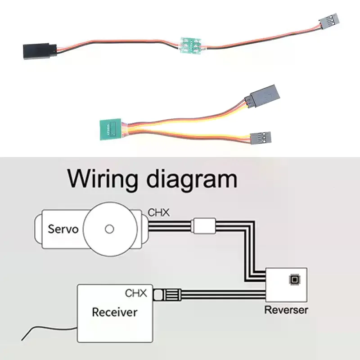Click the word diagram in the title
pyautogui.click(x=192, y=181)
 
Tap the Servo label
pyautogui.click(x=63, y=229)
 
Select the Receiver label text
pyautogui.click(x=115, y=312)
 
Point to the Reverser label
pyautogui.click(x=286, y=310)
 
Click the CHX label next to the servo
pyautogui.click(x=159, y=212)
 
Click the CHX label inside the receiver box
pyautogui.click(x=136, y=293)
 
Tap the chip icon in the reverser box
pyautogui.click(x=294, y=279)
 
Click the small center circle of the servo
pyautogui.click(x=109, y=229)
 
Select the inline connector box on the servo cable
pyautogui.click(x=205, y=226)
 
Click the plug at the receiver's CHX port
pyautogui.click(x=167, y=295)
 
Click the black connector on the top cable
pyautogui.click(x=40, y=51)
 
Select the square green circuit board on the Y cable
pyautogui.click(x=110, y=129)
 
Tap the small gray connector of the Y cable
pyautogui.click(x=261, y=138)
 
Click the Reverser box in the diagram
pyautogui.click(x=286, y=285)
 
